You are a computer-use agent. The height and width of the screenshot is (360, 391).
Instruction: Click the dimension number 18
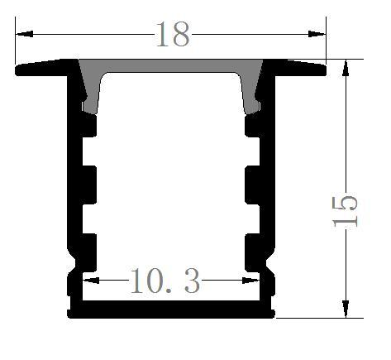(x=172, y=35)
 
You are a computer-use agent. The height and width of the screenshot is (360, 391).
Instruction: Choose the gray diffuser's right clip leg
(x=250, y=95)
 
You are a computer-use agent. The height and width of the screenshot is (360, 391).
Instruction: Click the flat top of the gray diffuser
(x=171, y=66)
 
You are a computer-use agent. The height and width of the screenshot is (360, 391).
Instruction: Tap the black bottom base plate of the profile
(x=171, y=310)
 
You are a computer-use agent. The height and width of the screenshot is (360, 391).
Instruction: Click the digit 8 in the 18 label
(x=180, y=35)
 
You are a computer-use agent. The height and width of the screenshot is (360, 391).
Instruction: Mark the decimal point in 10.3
(x=171, y=292)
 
